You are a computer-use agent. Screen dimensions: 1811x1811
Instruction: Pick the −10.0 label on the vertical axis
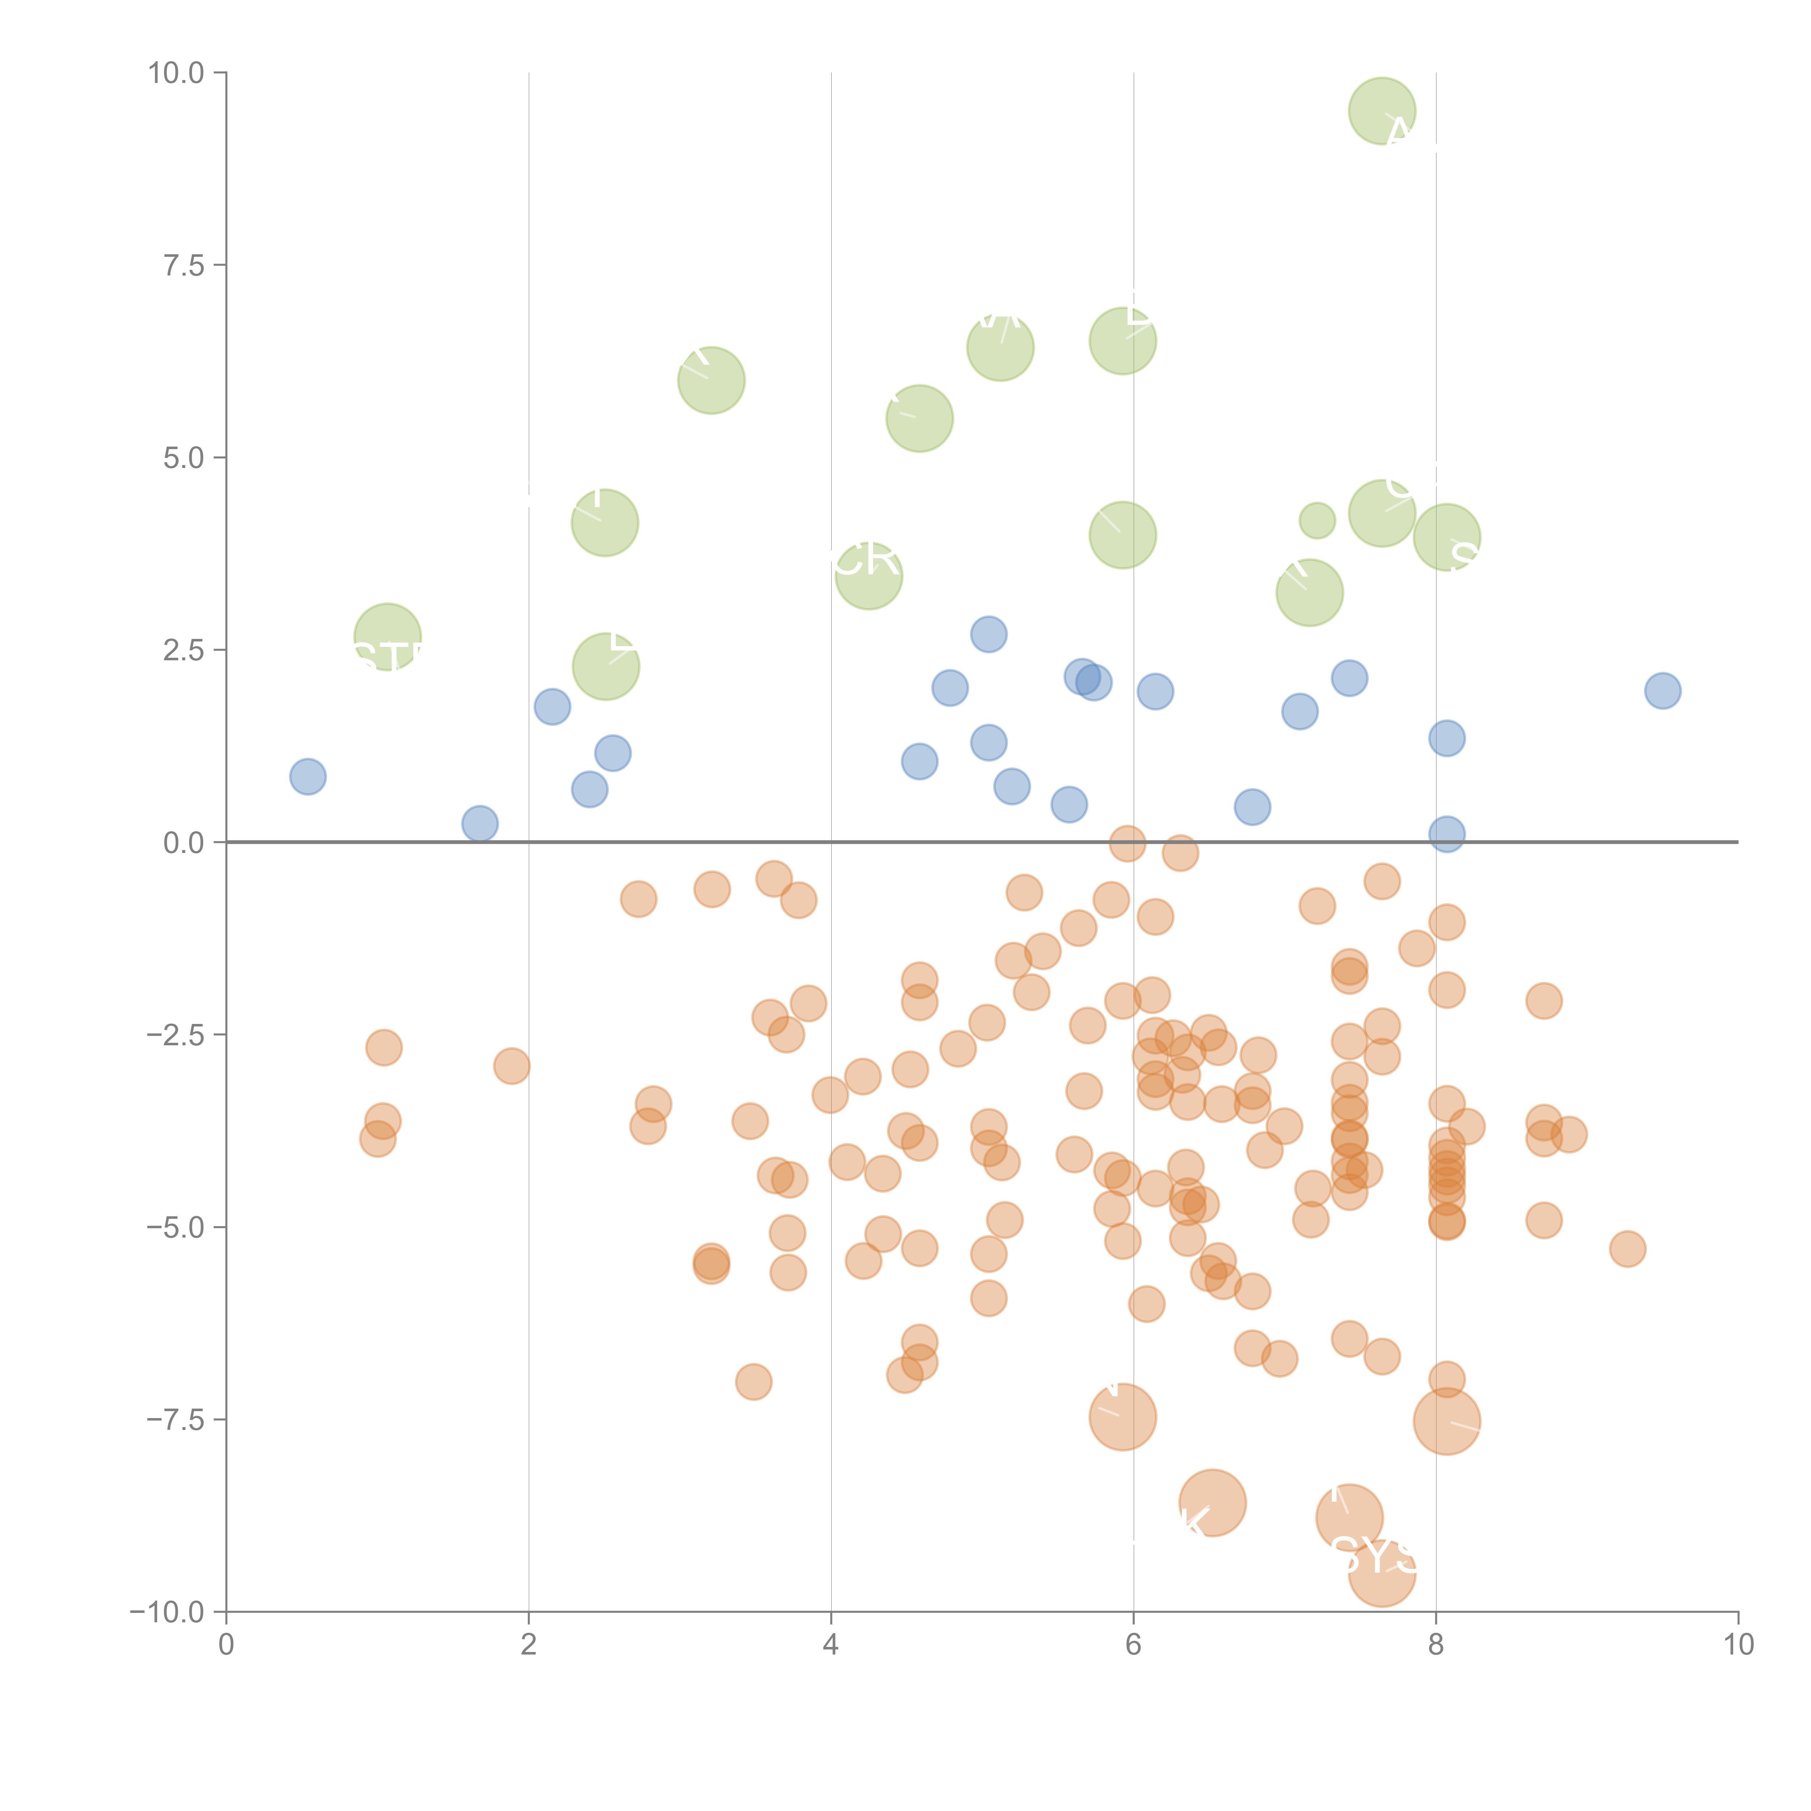tap(167, 1612)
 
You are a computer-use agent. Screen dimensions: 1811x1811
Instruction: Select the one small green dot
tap(1317, 520)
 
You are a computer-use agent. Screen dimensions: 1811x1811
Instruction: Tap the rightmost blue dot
tap(1662, 691)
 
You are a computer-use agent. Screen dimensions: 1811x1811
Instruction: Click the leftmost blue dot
tap(308, 776)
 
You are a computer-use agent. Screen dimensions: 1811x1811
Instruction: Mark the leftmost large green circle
tap(387, 637)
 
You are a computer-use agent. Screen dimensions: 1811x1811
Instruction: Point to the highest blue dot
tap(988, 635)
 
